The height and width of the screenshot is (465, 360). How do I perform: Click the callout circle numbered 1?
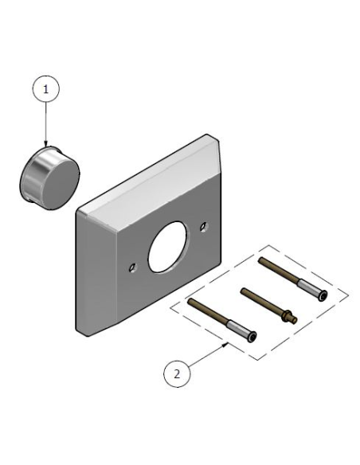46,90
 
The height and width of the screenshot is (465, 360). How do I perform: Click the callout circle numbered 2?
178,372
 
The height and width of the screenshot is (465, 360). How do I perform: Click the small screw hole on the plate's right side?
205,226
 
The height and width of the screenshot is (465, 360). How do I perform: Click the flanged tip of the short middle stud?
292,318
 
